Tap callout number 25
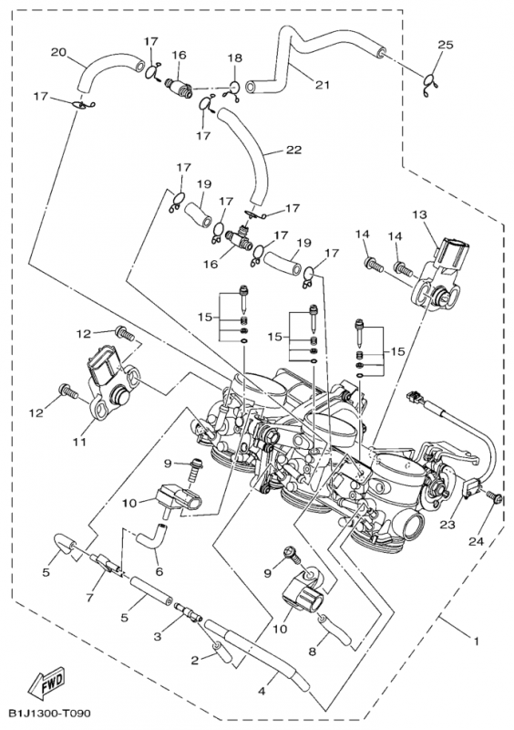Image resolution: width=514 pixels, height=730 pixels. coord(445,45)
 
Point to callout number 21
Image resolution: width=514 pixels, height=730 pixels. coord(323,85)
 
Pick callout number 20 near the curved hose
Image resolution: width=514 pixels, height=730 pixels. coord(58,52)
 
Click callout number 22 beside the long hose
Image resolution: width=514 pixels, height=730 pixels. coord(294,150)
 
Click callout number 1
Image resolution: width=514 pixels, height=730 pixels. coord(476,641)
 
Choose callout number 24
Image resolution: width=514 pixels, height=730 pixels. coord(477,541)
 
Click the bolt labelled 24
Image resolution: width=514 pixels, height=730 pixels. coord(494,497)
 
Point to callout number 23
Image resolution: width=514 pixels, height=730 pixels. coord(447,525)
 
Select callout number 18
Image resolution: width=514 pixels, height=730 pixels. coord(235,57)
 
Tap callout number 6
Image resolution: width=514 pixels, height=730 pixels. coord(159,571)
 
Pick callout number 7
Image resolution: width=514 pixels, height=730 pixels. coord(89,597)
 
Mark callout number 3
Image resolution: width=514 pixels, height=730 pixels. coord(158,637)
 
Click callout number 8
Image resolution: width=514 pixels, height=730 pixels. coord(312,652)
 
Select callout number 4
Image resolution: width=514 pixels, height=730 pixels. coord(262,691)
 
